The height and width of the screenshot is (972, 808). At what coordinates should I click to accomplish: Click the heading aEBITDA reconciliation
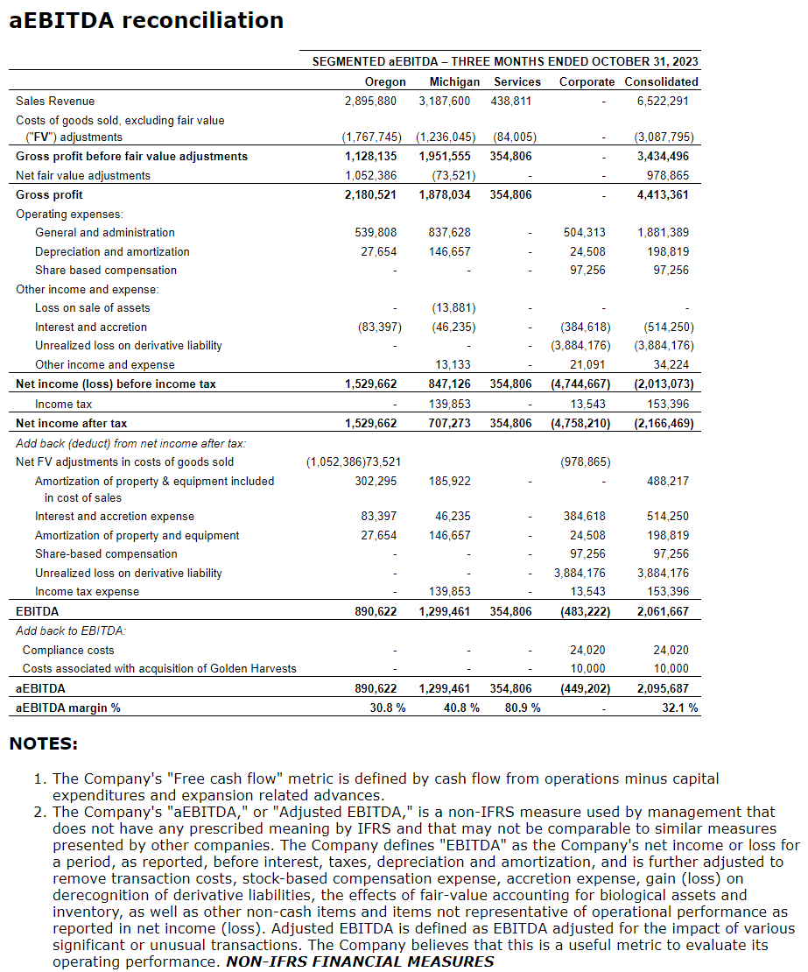click(x=146, y=21)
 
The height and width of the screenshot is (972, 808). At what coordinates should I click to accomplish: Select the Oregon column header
click(x=385, y=81)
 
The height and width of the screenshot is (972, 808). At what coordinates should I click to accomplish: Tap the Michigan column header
click(x=454, y=81)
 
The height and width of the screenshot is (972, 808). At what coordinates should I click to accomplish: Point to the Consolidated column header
click(x=661, y=81)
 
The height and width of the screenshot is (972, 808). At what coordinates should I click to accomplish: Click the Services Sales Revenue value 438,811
click(x=511, y=101)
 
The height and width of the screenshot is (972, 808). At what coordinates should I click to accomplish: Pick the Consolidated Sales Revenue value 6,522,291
click(x=663, y=101)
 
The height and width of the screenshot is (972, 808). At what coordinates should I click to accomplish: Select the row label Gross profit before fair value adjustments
click(x=131, y=156)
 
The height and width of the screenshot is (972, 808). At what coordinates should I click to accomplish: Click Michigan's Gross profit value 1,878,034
click(x=445, y=194)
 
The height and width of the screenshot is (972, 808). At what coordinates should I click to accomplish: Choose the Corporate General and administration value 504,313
click(x=584, y=232)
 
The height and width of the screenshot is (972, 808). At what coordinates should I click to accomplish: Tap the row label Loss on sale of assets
click(x=92, y=308)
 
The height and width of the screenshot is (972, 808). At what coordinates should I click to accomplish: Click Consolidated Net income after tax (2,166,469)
click(x=664, y=423)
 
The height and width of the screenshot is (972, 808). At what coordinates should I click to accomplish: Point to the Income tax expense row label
click(x=87, y=591)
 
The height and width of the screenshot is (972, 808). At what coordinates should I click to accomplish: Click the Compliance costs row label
click(x=68, y=650)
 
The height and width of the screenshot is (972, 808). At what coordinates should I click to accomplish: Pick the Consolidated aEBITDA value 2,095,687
click(x=662, y=688)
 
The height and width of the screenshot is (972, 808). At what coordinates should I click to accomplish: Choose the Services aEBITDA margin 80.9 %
click(x=523, y=708)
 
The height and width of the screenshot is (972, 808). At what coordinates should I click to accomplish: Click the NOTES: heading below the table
click(x=43, y=744)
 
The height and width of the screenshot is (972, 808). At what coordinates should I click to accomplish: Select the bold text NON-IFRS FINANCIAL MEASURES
click(x=360, y=961)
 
